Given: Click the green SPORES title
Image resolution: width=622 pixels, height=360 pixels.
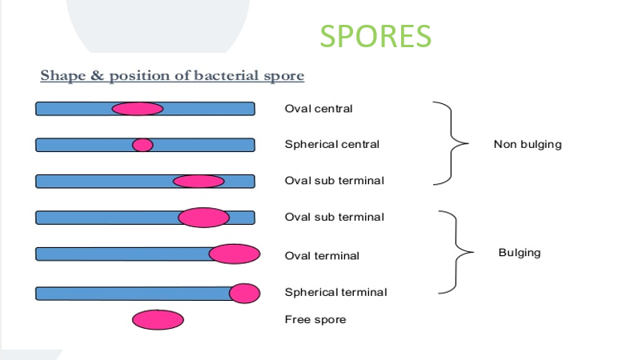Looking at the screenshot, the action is [375, 36].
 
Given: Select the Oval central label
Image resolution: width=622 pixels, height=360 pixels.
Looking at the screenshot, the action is [319, 109].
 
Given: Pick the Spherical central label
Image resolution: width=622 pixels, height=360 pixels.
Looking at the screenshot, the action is [332, 145].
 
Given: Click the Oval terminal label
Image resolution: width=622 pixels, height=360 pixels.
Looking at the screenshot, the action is [322, 256].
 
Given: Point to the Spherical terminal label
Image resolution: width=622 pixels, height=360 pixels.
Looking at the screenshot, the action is [335, 292].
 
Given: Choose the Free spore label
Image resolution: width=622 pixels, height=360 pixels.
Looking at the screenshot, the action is [315, 320].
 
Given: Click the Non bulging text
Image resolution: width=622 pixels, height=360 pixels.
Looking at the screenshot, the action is [528, 145].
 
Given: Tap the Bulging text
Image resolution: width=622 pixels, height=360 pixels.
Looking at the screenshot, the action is [520, 253].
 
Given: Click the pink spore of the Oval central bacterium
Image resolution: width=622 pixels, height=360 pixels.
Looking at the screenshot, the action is [137, 109].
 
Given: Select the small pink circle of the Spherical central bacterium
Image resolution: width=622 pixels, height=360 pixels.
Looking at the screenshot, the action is [142, 145].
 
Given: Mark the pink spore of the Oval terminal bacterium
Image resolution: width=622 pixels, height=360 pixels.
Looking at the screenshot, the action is [235, 254].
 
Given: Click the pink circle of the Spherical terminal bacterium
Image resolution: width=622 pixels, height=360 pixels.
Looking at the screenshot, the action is [244, 294].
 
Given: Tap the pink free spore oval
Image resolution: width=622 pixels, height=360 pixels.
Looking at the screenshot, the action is [158, 320].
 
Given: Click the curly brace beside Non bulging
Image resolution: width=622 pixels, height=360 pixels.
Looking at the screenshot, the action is [451, 144].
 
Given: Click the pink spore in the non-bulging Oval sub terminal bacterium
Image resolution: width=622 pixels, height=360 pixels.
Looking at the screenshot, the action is [199, 182].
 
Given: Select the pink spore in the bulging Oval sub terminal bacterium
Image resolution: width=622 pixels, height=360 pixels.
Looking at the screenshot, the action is [203, 217].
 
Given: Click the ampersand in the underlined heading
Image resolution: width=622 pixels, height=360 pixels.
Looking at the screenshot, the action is [95, 76].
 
